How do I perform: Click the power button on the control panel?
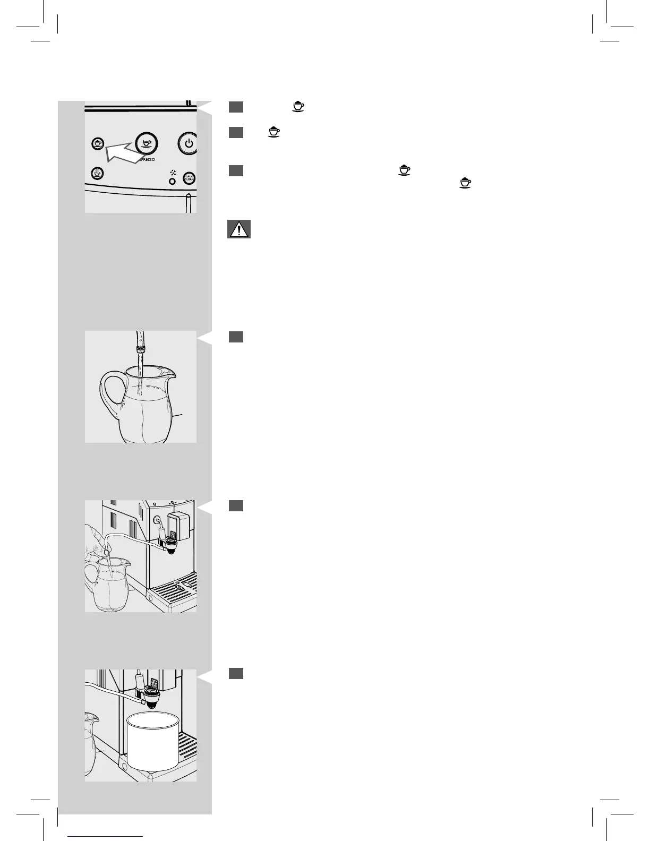(x=188, y=143)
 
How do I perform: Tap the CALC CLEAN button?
(x=189, y=178)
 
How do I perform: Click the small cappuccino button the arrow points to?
(x=97, y=144)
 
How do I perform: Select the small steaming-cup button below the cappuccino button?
(x=97, y=173)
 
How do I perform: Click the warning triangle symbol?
(x=238, y=230)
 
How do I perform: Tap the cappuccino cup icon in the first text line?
(x=298, y=107)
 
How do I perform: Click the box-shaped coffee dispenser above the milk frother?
(x=178, y=523)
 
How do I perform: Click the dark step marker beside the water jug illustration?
(x=236, y=337)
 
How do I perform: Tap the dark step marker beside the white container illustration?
(x=236, y=673)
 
